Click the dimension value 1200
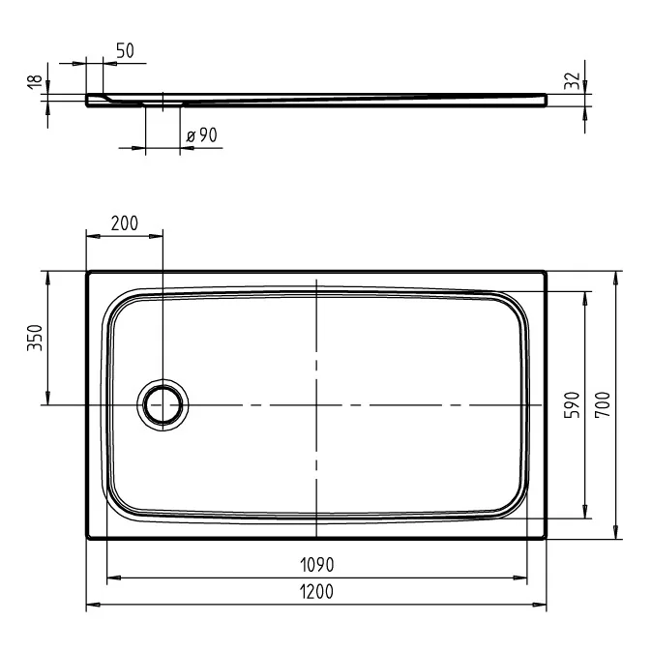point(316,592)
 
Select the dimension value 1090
point(317,565)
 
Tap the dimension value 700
point(603,404)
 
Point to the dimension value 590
point(572,404)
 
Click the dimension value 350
point(35,338)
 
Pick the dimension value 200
point(125,223)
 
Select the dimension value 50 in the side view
point(125,50)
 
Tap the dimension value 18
point(36,80)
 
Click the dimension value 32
point(572,80)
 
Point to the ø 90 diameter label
point(201,135)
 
